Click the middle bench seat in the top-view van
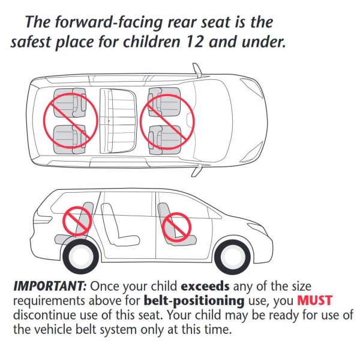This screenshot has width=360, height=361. [x=118, y=118]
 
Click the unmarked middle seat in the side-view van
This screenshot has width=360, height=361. [x=115, y=225]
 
